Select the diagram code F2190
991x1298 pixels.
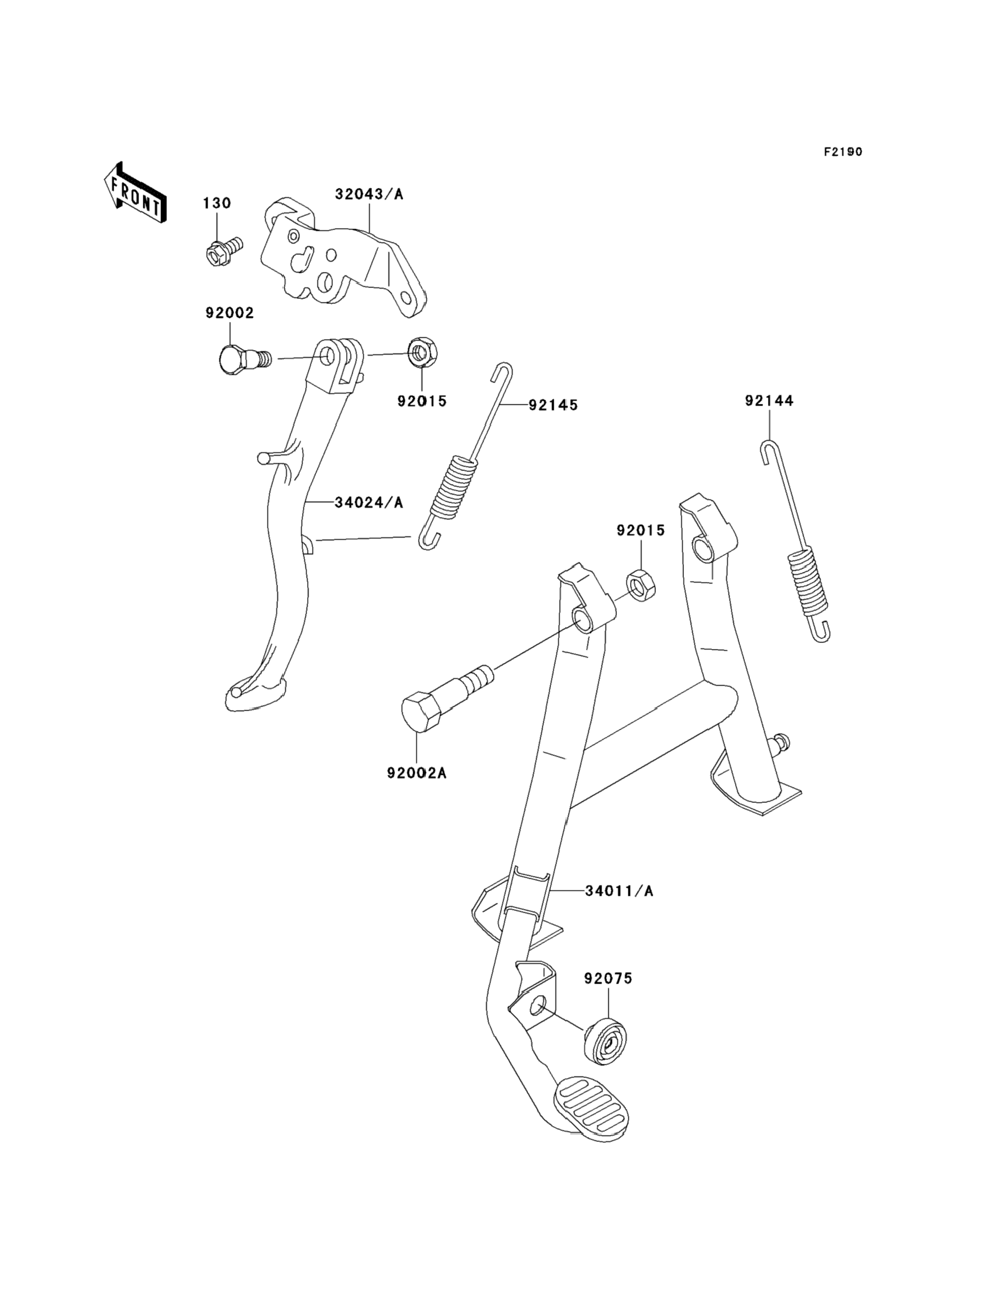[843, 152]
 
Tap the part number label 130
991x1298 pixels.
[217, 203]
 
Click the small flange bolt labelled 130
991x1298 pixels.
[225, 251]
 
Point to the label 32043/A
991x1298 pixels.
[369, 194]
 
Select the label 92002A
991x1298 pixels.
[416, 773]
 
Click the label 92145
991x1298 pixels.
[553, 405]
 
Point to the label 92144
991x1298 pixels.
[769, 401]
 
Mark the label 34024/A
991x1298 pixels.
[369, 502]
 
